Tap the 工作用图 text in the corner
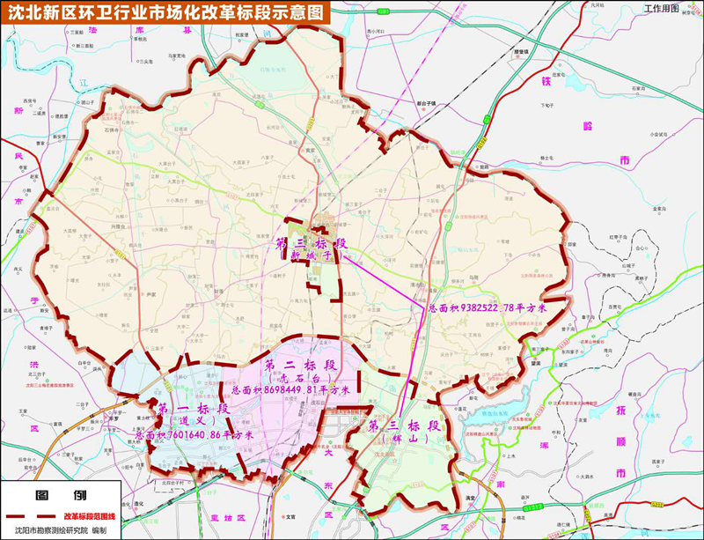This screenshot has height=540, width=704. pos(661,8)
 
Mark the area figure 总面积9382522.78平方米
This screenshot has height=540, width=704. pos(488,309)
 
